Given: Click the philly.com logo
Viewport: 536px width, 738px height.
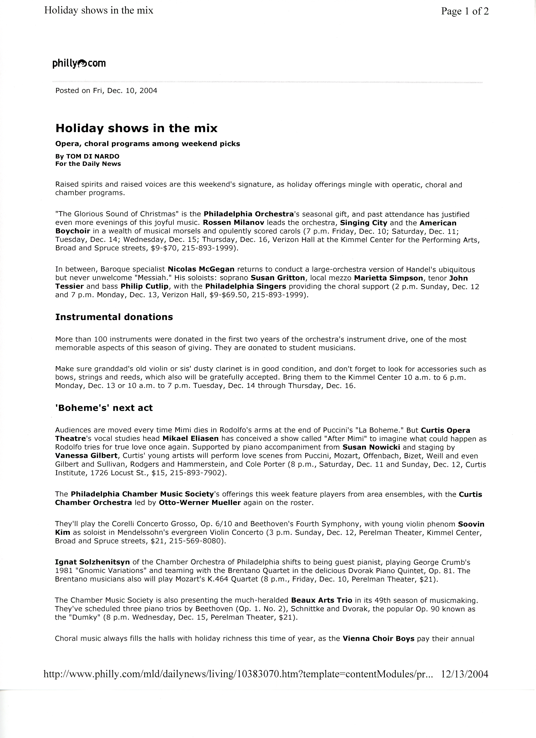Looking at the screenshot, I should (79, 64).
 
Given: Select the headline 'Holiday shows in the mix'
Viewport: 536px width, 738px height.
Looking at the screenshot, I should (136, 128).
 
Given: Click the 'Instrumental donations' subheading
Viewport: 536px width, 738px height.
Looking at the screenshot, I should (114, 317).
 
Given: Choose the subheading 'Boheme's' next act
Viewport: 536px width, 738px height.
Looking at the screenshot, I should (104, 408).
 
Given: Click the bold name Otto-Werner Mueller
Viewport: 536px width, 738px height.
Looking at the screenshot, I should (200, 503).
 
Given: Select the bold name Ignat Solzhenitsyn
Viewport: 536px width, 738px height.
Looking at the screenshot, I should (92, 562).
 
